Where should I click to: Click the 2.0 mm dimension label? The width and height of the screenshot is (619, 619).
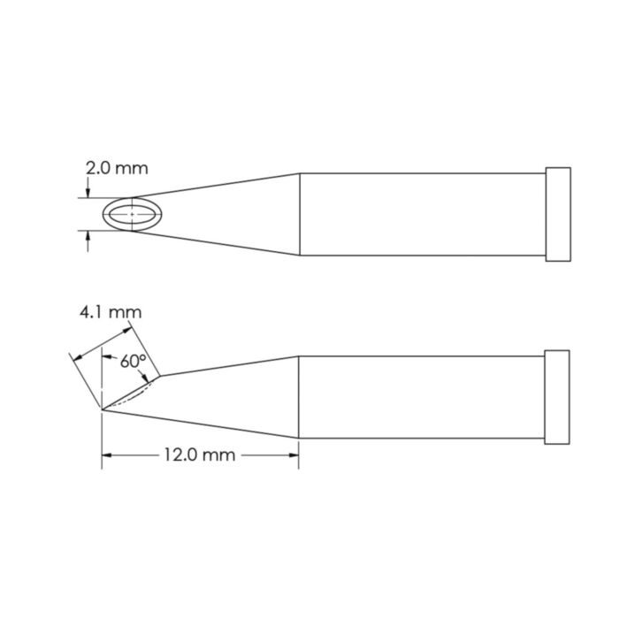[x=117, y=167]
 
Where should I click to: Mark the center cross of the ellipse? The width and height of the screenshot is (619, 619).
[x=133, y=214]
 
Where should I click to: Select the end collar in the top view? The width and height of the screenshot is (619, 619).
[x=559, y=214]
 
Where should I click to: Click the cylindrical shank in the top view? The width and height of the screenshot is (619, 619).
[x=423, y=214]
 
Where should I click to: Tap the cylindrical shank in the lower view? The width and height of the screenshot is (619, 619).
[x=423, y=397]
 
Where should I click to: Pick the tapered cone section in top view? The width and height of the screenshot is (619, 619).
[x=230, y=214]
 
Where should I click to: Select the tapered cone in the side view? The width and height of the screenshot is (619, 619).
[x=230, y=398]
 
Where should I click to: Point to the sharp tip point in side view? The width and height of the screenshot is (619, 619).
[x=103, y=409]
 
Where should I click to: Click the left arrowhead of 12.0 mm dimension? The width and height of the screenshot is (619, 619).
[x=108, y=455]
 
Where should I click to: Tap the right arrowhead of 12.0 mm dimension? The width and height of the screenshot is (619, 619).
[x=294, y=455]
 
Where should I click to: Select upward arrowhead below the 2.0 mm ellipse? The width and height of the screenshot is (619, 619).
[x=88, y=236]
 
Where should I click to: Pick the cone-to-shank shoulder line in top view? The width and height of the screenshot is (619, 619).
[x=300, y=214]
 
